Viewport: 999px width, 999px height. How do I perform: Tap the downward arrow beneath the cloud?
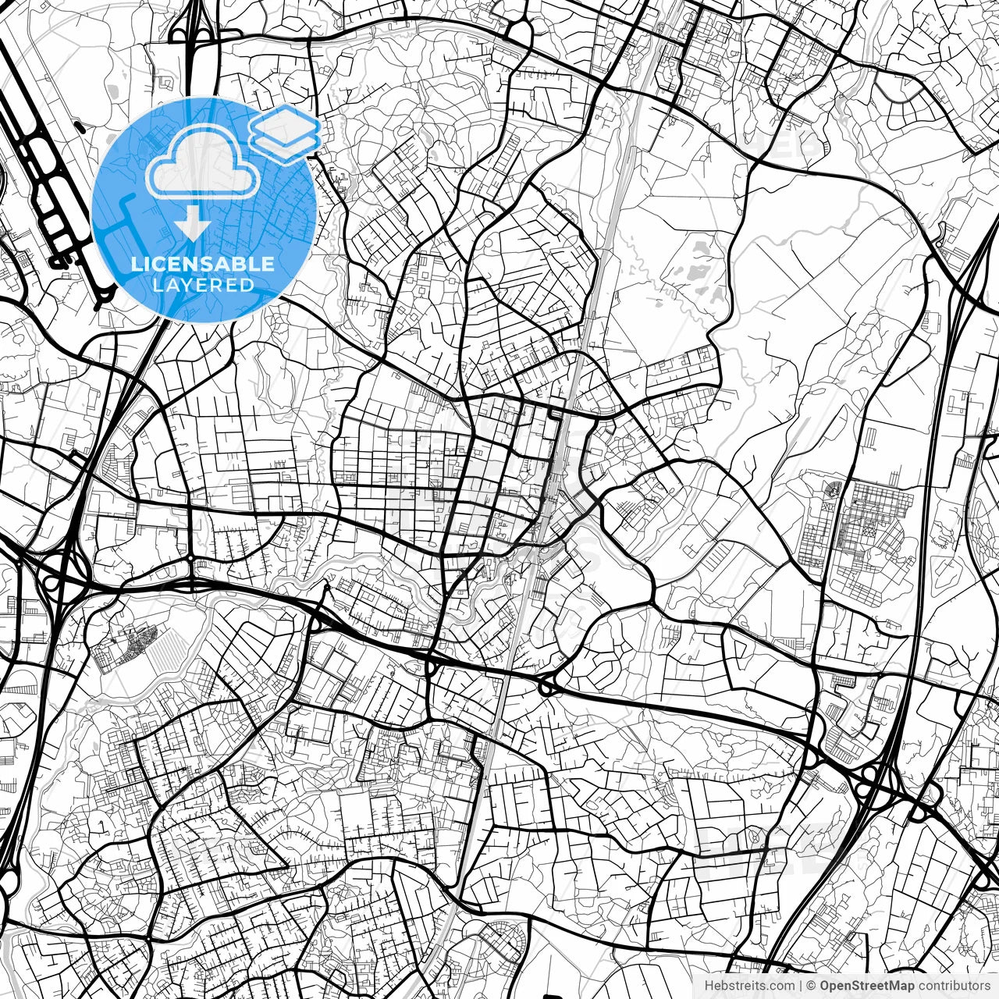pos(192,226)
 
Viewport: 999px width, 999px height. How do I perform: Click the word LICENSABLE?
pos(203,264)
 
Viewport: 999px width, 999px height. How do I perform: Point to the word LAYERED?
pos(203,285)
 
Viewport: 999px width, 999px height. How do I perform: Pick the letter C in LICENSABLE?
pos(164,264)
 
